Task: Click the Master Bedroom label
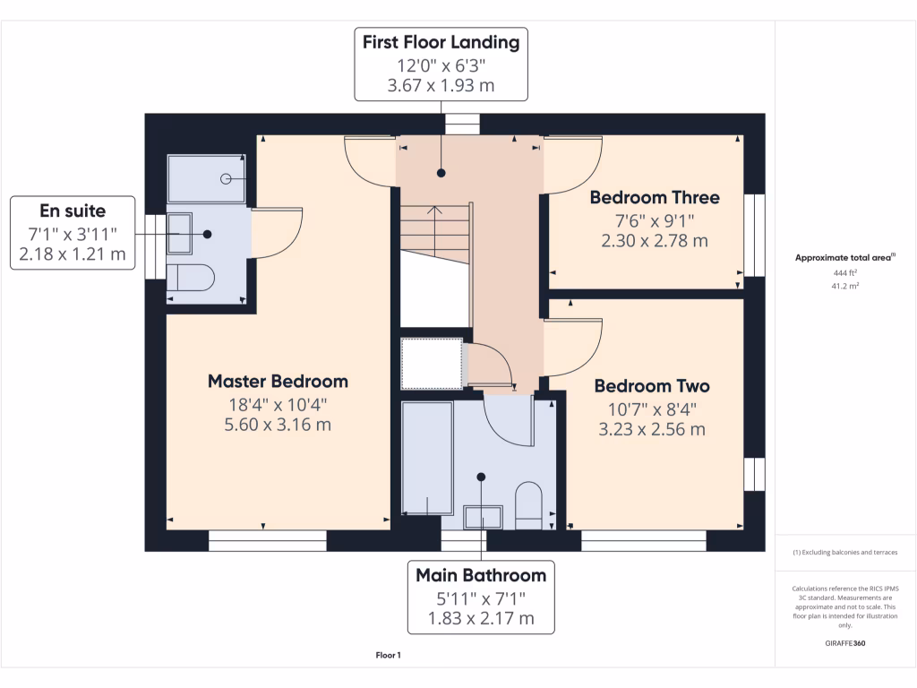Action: coord(278,382)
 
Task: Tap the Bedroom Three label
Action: coord(654,197)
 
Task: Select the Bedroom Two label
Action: coord(652,386)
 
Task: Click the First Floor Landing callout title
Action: coord(440,42)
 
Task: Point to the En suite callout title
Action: coord(73,211)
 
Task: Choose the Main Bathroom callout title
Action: coord(481,575)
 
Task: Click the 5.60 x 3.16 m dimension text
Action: coord(278,425)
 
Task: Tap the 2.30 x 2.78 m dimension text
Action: coord(654,240)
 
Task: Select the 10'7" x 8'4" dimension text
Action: coord(652,408)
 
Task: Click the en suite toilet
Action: coord(190,278)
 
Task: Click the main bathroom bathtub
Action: coord(428,457)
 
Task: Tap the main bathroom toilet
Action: coord(528,503)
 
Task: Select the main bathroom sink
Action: coord(484,516)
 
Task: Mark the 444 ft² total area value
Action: coord(844,274)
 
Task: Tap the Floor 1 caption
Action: coord(388,656)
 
